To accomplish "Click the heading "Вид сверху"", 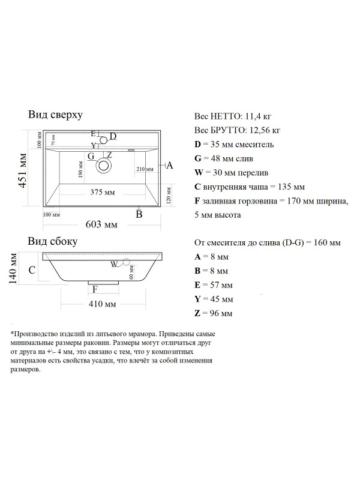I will tap(55, 114).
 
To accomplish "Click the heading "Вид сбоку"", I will tap(53, 242).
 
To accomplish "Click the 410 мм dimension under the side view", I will tap(101, 304).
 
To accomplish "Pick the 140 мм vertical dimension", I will tap(12, 268).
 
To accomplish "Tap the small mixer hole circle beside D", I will tap(104, 140).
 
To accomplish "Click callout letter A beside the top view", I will tap(169, 166).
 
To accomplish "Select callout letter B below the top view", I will tap(139, 214).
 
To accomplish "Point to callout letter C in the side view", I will tap(31, 271).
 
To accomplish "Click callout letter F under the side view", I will tap(95, 289).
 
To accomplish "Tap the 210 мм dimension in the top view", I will tap(145, 170).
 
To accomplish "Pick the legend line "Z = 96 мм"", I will tap(214, 313).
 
